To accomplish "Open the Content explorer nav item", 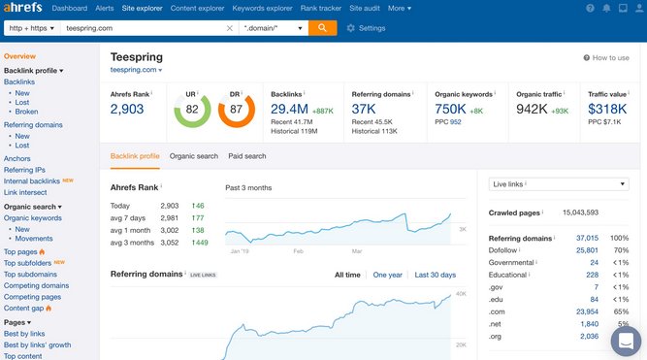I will point(197,8).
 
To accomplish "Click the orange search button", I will point(322,27).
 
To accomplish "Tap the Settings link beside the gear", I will point(372,28).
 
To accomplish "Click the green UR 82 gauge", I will point(192,111).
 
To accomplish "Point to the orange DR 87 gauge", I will point(237,111).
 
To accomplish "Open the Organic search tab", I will point(194,156).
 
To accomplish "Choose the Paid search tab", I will point(247,156).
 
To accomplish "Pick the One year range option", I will point(388,275).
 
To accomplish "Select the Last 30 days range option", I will point(435,275).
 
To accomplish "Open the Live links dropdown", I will point(546,183).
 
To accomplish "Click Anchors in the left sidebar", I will point(17,158).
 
